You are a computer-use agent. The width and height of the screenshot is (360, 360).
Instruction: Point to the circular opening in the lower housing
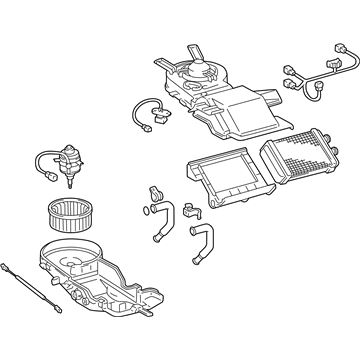(x=79, y=262)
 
